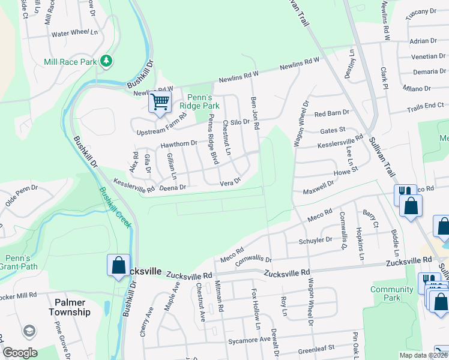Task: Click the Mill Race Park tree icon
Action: (x=106, y=61)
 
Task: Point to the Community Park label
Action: (x=392, y=293)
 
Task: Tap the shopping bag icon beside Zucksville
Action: (x=119, y=265)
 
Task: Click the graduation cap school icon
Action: (x=28, y=332)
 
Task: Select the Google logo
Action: (x=20, y=353)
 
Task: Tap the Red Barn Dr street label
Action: (x=331, y=113)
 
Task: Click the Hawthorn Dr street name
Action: (x=179, y=144)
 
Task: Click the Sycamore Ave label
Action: (x=249, y=341)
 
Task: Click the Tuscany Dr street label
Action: (x=421, y=11)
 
